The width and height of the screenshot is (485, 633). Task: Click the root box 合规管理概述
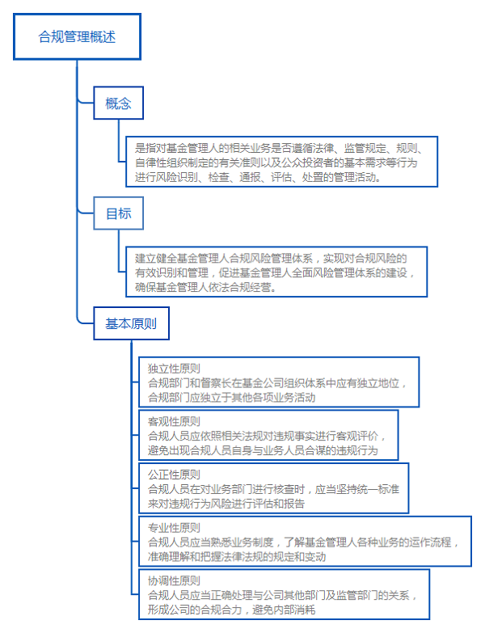(77, 36)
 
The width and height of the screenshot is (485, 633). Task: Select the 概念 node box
(118, 103)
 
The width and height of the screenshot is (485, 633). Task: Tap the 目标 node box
(118, 214)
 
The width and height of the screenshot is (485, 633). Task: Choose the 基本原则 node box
(131, 324)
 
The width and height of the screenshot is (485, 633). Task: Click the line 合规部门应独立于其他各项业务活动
(230, 397)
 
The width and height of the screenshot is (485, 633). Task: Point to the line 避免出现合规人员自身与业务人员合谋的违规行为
(262, 450)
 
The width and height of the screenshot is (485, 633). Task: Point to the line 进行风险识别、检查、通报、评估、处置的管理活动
(256, 176)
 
